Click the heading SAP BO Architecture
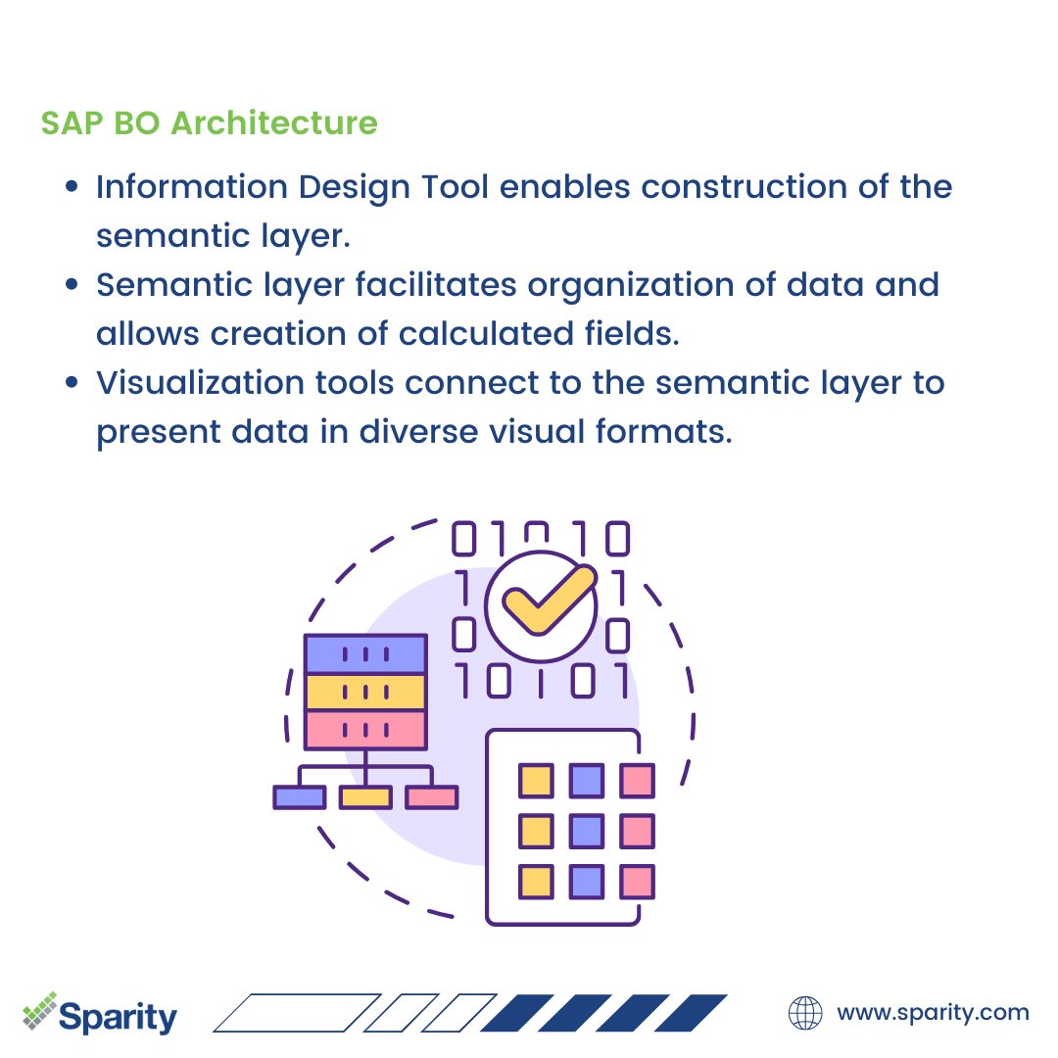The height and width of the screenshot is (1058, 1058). (x=209, y=124)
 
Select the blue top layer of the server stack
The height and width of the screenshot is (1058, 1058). (x=365, y=653)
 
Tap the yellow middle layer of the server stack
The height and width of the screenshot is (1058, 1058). (x=365, y=692)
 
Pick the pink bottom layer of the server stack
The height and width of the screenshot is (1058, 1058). (x=365, y=730)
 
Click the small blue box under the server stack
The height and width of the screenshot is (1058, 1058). (x=299, y=797)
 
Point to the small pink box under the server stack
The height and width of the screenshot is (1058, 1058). (x=432, y=797)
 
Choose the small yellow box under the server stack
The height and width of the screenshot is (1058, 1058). (x=365, y=797)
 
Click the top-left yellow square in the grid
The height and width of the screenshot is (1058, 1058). (x=536, y=781)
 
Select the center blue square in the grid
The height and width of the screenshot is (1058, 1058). (x=587, y=831)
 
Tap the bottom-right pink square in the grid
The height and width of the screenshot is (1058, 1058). (x=638, y=882)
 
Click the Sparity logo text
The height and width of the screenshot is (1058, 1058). (x=118, y=1016)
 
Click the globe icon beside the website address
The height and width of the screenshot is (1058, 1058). (x=805, y=1013)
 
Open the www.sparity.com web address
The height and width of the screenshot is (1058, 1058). (x=933, y=1013)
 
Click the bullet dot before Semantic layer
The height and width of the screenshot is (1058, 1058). (x=72, y=285)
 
